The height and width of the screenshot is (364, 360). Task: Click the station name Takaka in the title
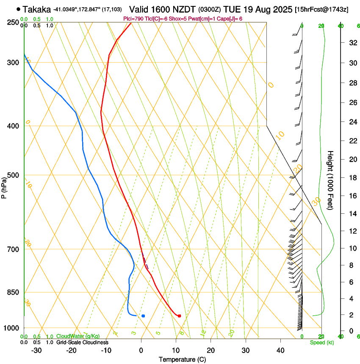[x=37, y=9]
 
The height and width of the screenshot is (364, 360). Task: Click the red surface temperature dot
[x=180, y=316]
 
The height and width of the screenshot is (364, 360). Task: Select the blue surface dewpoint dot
[x=143, y=316]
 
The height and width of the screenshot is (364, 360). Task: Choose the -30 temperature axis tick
[x=36, y=350]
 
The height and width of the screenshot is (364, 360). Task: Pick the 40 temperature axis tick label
[x=280, y=350]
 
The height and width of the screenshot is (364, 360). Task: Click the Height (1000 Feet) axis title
[x=330, y=180]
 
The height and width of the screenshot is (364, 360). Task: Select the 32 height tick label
[x=351, y=43]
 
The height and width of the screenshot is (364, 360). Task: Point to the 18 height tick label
[x=351, y=178]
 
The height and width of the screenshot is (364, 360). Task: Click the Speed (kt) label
[x=321, y=342]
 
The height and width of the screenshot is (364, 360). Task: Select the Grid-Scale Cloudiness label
[x=82, y=342]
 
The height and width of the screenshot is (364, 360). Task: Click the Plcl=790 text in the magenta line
[x=132, y=19]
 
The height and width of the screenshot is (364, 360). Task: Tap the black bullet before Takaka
[x=18, y=8]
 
